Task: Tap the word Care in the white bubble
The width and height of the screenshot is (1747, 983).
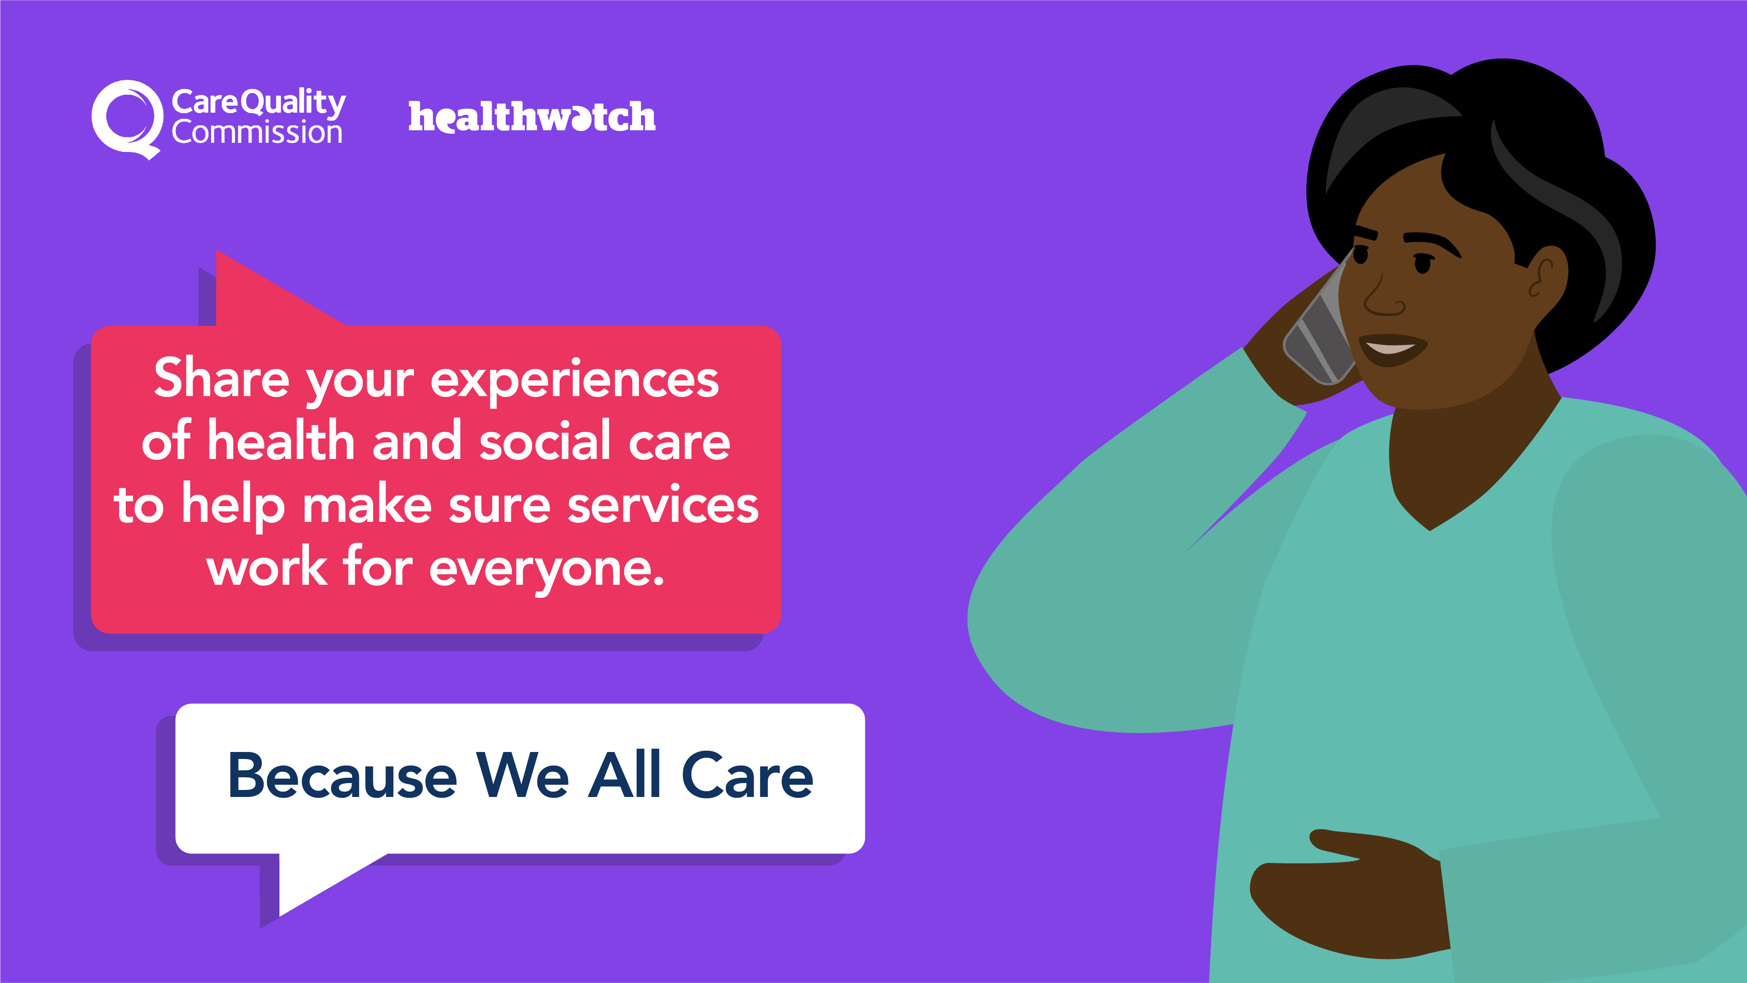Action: pyautogui.click(x=747, y=775)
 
